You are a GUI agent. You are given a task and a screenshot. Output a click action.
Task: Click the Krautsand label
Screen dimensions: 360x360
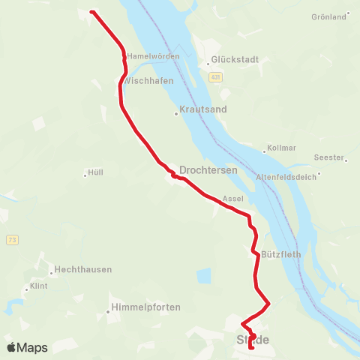pyautogui.click(x=204, y=109)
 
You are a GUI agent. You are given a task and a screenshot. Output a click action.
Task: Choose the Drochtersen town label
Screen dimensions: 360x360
pyautogui.click(x=208, y=170)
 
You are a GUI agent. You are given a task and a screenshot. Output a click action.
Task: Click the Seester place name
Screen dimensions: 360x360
pyautogui.click(x=329, y=157)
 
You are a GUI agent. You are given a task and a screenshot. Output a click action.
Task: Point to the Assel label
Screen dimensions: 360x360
pyautogui.click(x=233, y=199)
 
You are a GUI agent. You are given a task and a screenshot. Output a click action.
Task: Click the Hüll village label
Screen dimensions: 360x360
pyautogui.click(x=95, y=172)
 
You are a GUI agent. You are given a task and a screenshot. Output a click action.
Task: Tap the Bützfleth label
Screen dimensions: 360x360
pyautogui.click(x=280, y=254)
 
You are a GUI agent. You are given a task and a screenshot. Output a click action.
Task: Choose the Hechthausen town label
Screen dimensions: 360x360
pyautogui.click(x=84, y=270)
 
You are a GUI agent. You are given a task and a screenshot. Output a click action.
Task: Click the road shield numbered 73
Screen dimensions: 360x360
pyautogui.click(x=12, y=239)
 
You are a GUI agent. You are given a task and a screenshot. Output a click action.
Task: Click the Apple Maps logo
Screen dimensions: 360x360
pyautogui.click(x=27, y=347)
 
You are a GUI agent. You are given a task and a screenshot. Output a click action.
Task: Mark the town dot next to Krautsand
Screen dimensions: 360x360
pyautogui.click(x=175, y=114)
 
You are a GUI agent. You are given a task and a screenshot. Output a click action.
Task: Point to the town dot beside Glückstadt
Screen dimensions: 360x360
pyautogui.click(x=208, y=64)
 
